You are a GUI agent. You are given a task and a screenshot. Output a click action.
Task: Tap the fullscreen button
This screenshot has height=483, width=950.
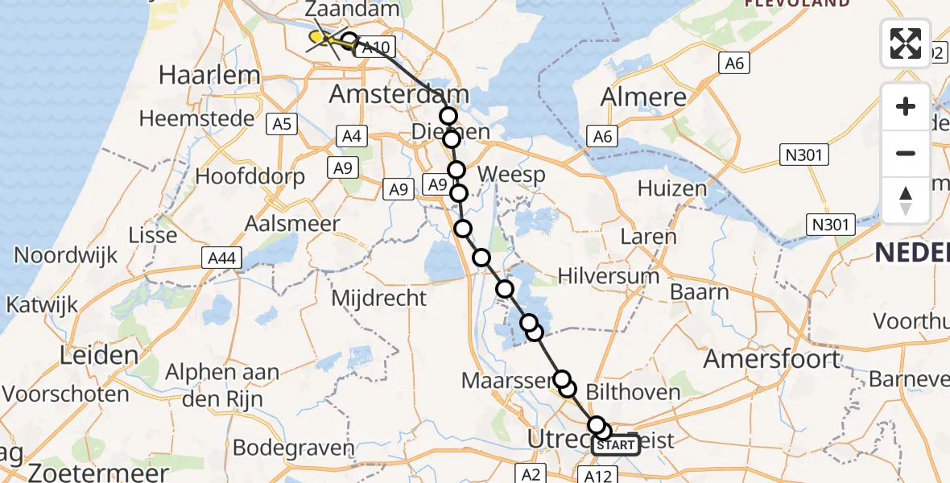click(x=906, y=43)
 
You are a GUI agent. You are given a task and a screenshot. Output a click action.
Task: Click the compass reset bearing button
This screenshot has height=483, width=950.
click(x=906, y=200)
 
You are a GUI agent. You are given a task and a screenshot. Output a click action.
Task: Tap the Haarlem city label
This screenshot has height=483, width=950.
click(x=209, y=76)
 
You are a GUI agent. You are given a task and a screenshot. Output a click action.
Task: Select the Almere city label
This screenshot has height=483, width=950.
click(x=644, y=98)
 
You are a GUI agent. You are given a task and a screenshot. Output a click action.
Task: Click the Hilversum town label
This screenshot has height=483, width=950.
click(x=609, y=276)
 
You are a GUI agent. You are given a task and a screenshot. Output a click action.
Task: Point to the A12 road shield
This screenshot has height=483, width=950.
click(x=597, y=477)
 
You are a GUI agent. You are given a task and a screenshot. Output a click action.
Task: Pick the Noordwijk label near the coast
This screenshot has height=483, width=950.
click(x=66, y=256)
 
